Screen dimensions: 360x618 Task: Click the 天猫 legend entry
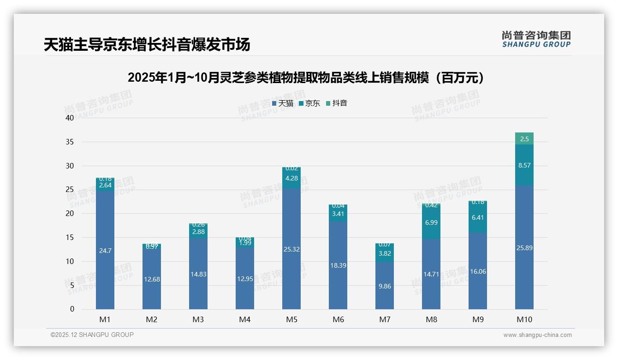tap(283, 103)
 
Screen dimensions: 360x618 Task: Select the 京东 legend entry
tap(309, 103)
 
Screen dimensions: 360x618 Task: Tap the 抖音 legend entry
tap(337, 103)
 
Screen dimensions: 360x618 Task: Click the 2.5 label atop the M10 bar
tap(524, 139)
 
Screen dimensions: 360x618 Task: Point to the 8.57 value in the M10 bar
tap(524, 165)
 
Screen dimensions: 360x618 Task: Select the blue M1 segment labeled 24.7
tap(105, 251)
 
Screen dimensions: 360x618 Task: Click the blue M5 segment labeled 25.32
tap(291, 249)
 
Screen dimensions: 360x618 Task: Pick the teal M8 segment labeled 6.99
tap(431, 222)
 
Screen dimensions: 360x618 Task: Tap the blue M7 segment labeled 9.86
tap(385, 286)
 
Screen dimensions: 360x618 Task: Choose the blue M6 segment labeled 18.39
tap(338, 265)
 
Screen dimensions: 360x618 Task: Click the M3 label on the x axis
tap(198, 319)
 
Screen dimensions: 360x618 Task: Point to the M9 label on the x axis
tap(478, 319)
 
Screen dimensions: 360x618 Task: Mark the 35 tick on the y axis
tap(70, 142)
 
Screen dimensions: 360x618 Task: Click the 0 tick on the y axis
tap(72, 309)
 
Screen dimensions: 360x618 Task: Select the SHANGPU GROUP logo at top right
tap(536, 39)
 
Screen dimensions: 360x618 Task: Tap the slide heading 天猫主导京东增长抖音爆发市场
tap(147, 45)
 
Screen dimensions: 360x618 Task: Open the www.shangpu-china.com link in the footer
tap(537, 335)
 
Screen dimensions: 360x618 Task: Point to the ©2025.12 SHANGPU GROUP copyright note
tap(92, 335)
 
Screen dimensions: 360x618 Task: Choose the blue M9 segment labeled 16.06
tap(478, 271)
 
